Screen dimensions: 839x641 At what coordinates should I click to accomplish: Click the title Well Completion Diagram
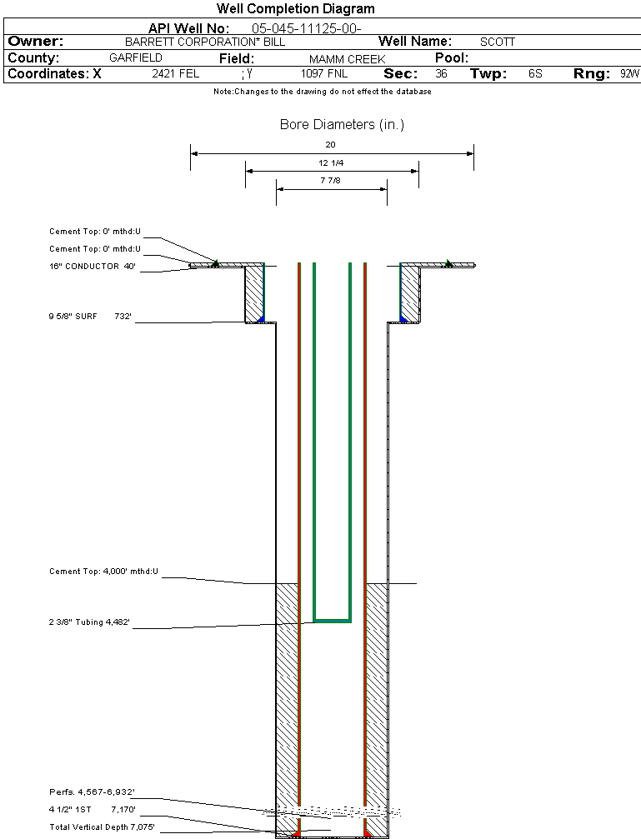296,9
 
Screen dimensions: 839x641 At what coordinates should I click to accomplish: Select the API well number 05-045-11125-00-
306,27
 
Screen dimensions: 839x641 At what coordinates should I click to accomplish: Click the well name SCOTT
498,42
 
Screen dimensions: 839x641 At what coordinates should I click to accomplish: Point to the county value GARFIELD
136,58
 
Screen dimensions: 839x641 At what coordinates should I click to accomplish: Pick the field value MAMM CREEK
347,59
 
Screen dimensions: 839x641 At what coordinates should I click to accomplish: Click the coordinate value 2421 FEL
176,74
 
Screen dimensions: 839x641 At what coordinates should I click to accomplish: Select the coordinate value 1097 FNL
324,74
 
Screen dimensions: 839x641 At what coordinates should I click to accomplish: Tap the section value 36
441,74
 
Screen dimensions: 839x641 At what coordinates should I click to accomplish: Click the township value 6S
535,74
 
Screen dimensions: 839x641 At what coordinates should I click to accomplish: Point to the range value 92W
629,74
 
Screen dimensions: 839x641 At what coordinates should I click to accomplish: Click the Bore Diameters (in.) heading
342,125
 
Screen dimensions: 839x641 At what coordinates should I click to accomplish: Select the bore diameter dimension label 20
331,145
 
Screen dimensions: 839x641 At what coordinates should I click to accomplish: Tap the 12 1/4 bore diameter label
331,163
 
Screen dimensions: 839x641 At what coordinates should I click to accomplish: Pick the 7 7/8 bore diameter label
331,181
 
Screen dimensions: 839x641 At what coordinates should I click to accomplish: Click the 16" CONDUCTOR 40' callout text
92,267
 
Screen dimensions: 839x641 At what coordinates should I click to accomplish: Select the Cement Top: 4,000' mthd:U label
103,572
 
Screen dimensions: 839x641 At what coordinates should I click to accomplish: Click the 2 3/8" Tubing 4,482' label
89,622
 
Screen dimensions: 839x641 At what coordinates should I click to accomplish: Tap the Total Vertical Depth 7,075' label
102,827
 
